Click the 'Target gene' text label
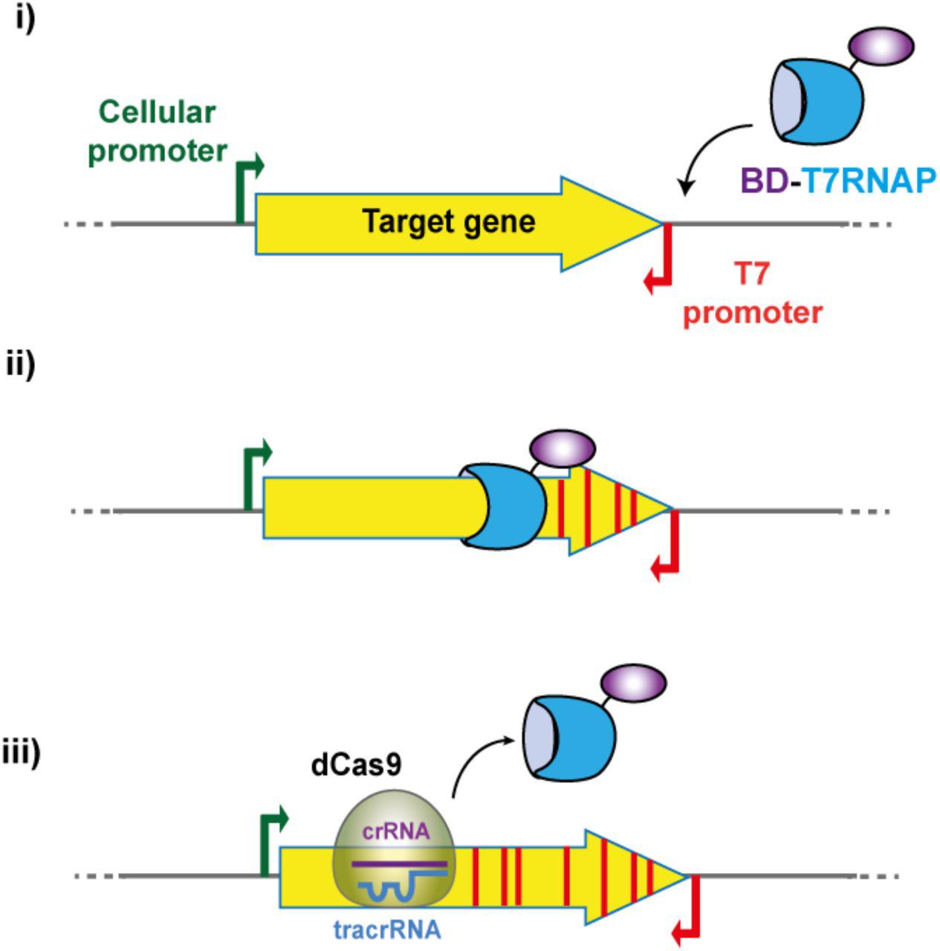[x=448, y=221]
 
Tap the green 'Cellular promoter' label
[x=158, y=132]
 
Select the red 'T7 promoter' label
[x=752, y=293]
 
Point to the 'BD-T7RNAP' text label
[x=837, y=181]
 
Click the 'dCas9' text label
[x=356, y=766]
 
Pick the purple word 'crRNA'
[x=395, y=831]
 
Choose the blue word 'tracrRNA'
[x=387, y=929]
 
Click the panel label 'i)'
[x=25, y=19]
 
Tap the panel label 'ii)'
[x=20, y=366]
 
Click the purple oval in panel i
[x=881, y=47]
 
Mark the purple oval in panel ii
[x=562, y=449]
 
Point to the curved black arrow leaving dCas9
[x=476, y=762]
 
